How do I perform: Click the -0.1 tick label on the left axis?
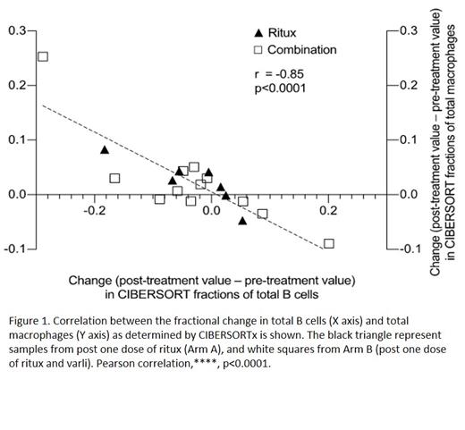coord(15,249)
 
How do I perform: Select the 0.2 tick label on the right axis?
coord(408,86)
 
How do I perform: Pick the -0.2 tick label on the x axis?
coord(94,211)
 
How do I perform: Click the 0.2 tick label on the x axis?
coord(328,211)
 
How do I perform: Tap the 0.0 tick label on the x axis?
coord(211,211)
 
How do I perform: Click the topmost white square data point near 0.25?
coord(42,56)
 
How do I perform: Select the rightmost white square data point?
coord(328,243)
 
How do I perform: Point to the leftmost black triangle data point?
coord(105,149)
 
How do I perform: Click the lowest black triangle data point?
coord(242,220)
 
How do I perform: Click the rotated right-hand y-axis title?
coord(442,143)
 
